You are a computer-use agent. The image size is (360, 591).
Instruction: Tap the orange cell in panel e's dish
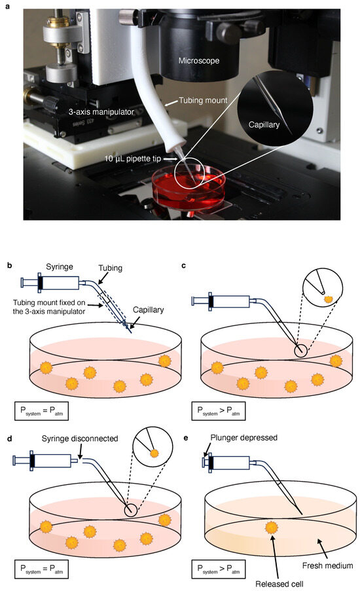click(270, 528)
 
